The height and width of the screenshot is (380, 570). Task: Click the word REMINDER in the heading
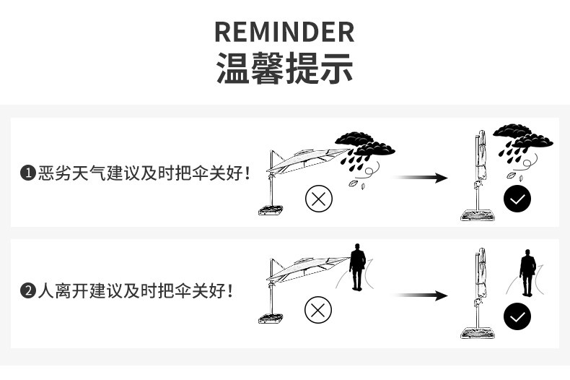coord(284,33)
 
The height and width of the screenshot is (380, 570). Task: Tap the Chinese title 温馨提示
coord(284,70)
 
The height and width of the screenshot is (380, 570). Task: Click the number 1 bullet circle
coord(28,173)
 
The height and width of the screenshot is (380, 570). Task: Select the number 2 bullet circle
coord(28,292)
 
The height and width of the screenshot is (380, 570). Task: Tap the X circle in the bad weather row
coord(318,197)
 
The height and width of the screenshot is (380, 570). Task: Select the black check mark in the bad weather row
coord(517,199)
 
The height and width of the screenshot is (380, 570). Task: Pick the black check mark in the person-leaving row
coord(517,316)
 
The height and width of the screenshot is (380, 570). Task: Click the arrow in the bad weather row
coord(422,178)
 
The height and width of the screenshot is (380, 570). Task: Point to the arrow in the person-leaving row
coord(422,295)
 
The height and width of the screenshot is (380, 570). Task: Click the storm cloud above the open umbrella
coord(364,145)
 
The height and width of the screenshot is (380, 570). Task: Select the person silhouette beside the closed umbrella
coord(528,272)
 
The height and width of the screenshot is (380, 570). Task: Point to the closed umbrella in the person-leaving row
coord(479,293)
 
